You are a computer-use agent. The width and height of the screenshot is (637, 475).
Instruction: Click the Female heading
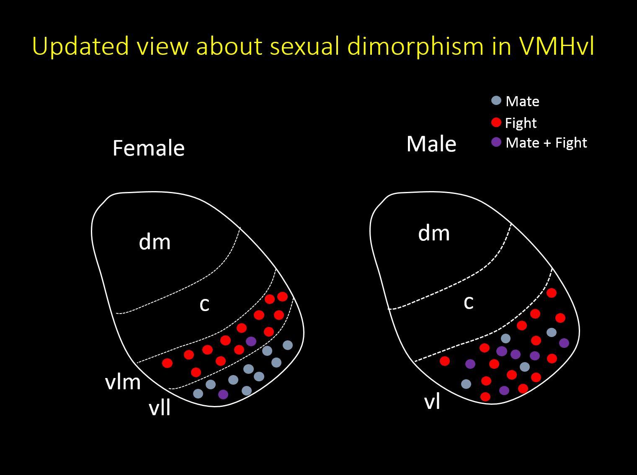click(148, 148)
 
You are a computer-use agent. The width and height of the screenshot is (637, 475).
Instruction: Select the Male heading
click(431, 144)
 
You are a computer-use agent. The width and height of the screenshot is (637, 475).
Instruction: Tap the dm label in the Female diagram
click(155, 242)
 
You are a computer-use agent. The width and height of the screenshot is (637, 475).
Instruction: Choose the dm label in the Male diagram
click(434, 233)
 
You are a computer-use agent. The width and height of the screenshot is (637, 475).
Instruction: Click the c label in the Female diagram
click(204, 304)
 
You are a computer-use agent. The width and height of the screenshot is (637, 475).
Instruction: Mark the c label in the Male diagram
click(469, 302)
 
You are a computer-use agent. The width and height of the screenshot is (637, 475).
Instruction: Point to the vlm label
click(123, 382)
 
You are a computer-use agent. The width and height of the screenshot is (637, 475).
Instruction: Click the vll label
click(160, 407)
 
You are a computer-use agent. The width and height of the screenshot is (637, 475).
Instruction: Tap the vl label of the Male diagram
click(432, 402)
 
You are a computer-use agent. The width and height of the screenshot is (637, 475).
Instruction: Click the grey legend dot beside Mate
click(496, 101)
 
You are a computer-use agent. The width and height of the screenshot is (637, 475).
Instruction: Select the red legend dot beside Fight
click(496, 123)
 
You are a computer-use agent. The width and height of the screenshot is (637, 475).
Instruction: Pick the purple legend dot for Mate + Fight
click(496, 142)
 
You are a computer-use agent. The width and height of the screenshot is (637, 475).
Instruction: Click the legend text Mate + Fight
click(546, 143)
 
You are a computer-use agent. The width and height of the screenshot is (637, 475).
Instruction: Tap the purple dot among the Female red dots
click(251, 341)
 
